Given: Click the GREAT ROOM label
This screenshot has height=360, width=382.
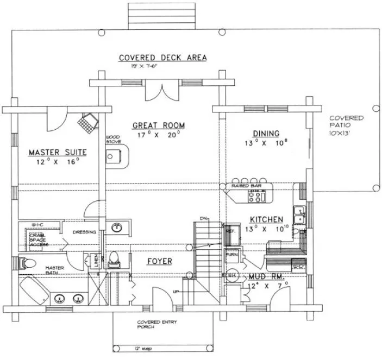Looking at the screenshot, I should tap(158, 125).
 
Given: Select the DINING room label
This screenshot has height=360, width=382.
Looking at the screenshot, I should tap(266, 134).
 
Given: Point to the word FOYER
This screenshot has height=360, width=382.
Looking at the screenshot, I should tap(160, 262).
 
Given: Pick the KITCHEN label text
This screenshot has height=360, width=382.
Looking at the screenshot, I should tap(266, 219).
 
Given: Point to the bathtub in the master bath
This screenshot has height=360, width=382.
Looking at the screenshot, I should tap(34, 288).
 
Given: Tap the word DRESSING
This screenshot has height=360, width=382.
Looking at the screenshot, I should tap(85, 232).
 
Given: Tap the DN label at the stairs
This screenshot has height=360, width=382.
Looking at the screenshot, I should tap(204, 219).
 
